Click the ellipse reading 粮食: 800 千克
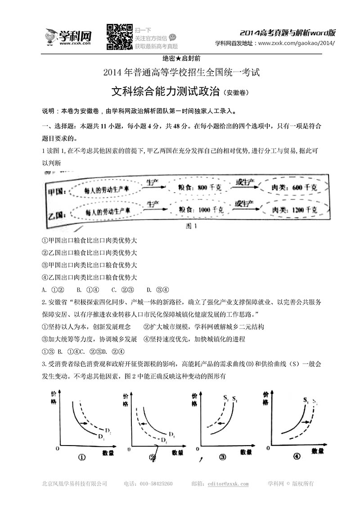coord(193,188)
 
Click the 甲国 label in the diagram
coord(57,190)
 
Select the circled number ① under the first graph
coord(82,457)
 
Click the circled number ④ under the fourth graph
coord(296,456)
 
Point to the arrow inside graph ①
coord(83,423)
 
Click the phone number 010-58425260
coord(154,484)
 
